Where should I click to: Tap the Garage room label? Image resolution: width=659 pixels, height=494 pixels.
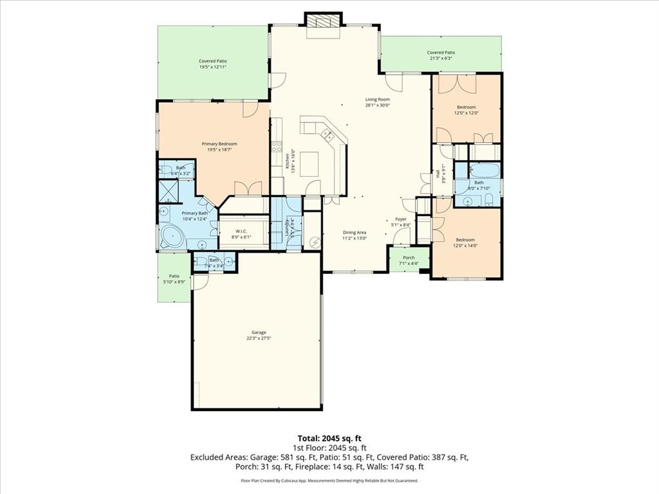point(255,333)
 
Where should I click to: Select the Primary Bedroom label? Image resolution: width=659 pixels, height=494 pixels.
point(219,143)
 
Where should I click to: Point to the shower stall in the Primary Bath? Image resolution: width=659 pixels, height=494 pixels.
point(169,190)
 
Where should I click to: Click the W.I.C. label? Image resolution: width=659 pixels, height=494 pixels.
point(241,231)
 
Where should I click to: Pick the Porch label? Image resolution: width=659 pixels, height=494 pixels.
point(409,257)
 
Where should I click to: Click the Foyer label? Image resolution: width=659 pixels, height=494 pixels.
point(400,219)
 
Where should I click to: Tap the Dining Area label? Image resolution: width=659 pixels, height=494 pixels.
point(354,232)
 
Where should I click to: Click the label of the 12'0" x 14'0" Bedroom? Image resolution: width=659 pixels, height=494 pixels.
point(465,240)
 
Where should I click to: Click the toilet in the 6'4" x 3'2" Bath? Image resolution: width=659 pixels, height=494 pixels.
point(165,170)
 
